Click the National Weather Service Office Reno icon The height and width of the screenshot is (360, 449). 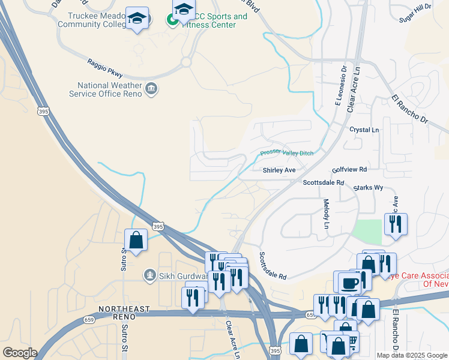click(x=151, y=89)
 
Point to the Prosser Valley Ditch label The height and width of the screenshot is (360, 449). click(x=286, y=154)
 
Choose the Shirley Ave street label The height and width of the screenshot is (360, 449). click(x=279, y=170)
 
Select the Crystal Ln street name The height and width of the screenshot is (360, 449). click(x=364, y=130)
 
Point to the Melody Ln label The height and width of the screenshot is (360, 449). click(x=326, y=214)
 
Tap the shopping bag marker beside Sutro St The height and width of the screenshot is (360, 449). click(x=136, y=241)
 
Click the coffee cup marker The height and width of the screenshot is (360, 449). click(x=349, y=283)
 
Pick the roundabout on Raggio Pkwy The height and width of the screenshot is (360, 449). click(x=185, y=62)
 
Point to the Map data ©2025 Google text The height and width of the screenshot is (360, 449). click(x=412, y=355)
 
